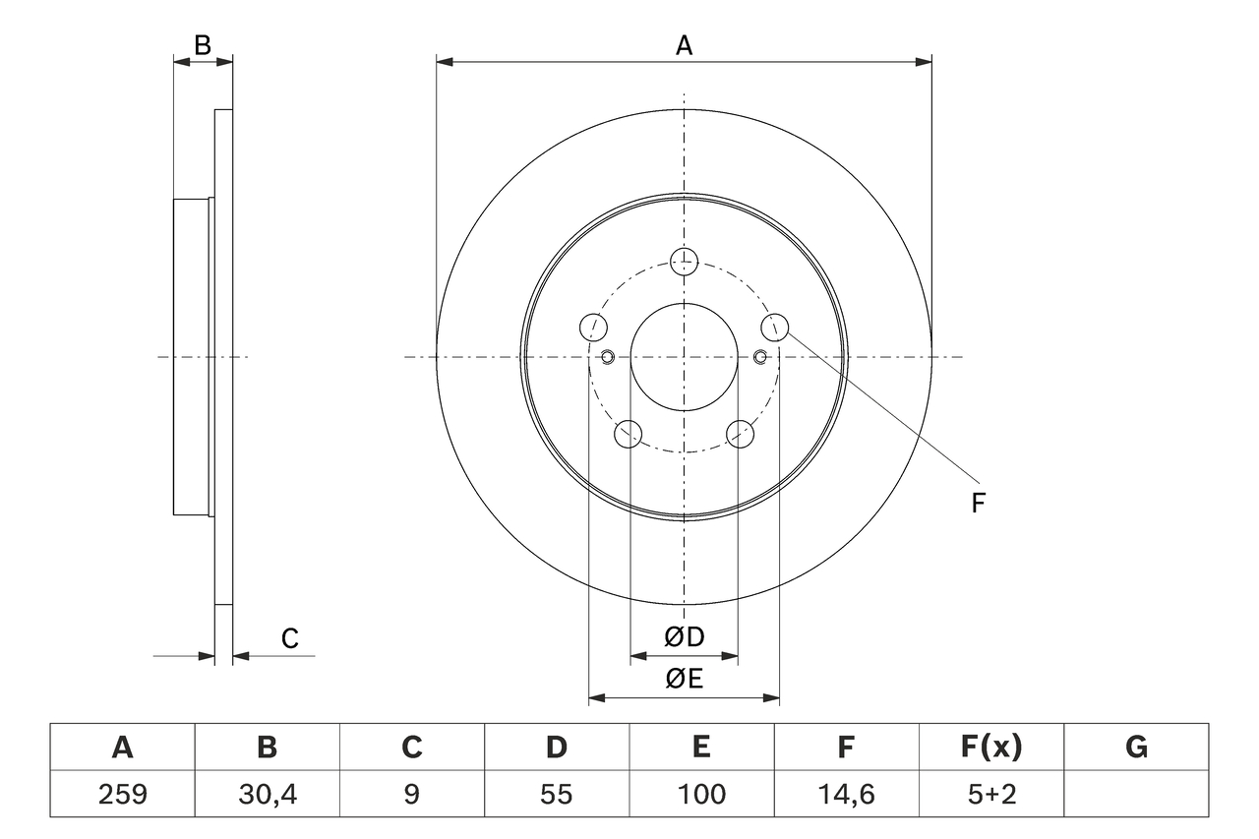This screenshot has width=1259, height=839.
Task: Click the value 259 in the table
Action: point(122,794)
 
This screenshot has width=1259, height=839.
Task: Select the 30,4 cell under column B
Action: point(267,794)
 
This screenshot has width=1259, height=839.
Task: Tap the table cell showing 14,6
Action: point(845,794)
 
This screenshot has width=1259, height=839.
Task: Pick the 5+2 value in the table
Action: point(990,794)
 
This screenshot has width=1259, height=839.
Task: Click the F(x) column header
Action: point(990,748)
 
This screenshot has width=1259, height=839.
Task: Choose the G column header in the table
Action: point(1136,748)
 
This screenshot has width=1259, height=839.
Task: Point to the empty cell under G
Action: point(1136,794)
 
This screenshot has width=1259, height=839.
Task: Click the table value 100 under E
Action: point(700,794)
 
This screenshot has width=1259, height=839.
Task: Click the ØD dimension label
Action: point(685,636)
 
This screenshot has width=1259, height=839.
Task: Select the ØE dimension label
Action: point(685,680)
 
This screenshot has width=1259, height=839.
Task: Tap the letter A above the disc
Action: point(684,45)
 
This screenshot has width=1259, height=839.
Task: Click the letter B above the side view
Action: point(202,45)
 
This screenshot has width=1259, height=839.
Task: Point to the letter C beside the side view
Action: point(289,639)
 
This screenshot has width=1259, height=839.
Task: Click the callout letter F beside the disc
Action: point(978,504)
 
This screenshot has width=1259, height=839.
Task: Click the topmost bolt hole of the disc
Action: point(684,261)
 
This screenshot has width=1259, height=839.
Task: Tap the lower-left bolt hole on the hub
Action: point(628,433)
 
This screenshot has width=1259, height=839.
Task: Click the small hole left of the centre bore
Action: point(607,356)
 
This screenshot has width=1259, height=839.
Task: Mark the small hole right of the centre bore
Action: point(760,356)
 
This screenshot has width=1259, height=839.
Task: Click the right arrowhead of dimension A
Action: point(924,62)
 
